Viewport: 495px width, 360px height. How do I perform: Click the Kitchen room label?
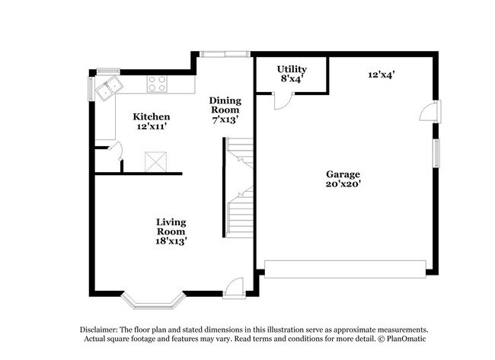tap(152, 116)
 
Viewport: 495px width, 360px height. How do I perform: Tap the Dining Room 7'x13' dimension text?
tap(225, 120)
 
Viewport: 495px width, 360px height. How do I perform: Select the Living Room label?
tap(171, 227)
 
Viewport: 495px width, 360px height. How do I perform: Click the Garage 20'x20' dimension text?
tap(343, 183)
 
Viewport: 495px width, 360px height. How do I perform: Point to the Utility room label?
tap(292, 69)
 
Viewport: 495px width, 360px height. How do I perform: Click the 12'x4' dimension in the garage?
tap(382, 75)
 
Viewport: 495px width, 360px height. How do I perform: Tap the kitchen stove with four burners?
tap(157, 84)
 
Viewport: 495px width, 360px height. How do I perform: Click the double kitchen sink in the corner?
tap(109, 88)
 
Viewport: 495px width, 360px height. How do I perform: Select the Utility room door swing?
tap(283, 101)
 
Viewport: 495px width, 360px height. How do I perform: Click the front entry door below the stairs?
tap(234, 288)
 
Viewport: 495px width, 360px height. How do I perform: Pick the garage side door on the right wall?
tap(430, 112)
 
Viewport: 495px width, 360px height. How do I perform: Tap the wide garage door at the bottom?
tap(345, 269)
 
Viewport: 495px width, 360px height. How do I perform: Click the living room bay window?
tap(153, 301)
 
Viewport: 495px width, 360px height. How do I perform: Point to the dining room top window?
tap(225, 54)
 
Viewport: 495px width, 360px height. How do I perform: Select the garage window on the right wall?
tap(436, 153)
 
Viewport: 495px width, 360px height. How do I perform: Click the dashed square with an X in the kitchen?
tap(155, 162)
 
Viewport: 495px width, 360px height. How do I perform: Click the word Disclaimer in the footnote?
tap(98, 330)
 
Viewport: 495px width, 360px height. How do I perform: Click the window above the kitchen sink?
tap(108, 71)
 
